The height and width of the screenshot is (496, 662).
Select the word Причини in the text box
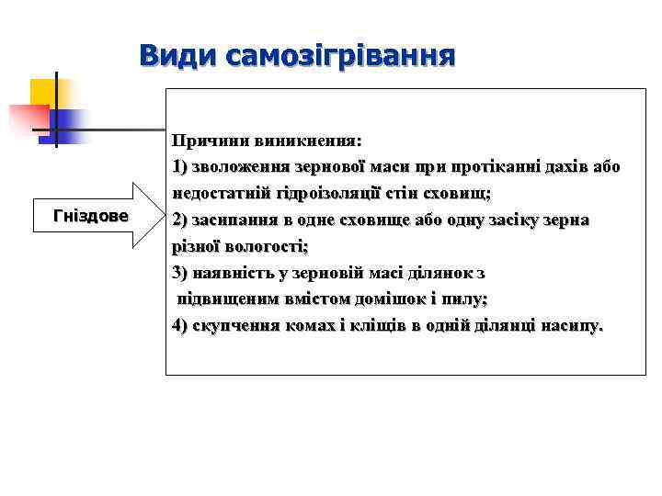(x=205, y=141)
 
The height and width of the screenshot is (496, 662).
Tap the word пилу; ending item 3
(x=465, y=299)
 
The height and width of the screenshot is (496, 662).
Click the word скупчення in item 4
(x=235, y=325)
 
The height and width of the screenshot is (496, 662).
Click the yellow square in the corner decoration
(x=44, y=92)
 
